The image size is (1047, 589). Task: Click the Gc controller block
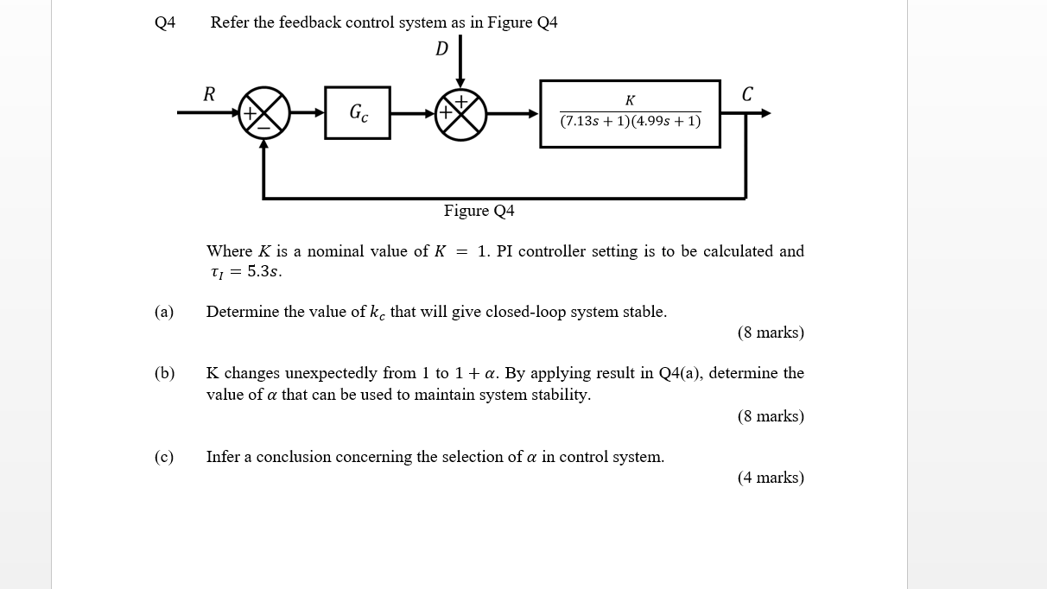click(358, 112)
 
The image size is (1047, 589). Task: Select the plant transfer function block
click(630, 114)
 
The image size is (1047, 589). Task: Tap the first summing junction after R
click(263, 113)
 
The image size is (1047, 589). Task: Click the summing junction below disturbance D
click(460, 113)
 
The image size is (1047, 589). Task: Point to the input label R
click(209, 94)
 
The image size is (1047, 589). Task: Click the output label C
click(747, 94)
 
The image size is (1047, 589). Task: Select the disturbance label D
click(441, 48)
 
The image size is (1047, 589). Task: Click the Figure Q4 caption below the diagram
click(479, 211)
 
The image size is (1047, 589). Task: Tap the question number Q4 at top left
click(165, 22)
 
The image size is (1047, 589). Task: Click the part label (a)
click(164, 312)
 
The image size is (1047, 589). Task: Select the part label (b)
click(164, 373)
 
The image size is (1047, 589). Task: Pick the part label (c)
click(164, 457)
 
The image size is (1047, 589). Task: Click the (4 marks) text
click(771, 478)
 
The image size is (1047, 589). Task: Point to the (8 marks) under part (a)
click(771, 332)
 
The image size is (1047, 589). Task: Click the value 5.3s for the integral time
click(263, 271)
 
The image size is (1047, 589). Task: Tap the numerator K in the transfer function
click(630, 101)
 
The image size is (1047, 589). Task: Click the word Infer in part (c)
click(224, 457)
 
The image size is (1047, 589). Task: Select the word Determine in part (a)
click(243, 312)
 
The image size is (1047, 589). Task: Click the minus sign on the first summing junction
click(263, 128)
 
